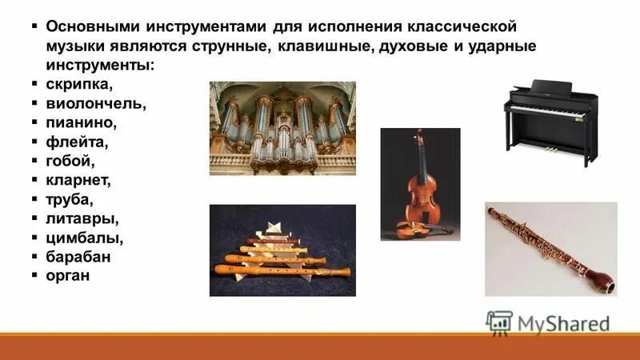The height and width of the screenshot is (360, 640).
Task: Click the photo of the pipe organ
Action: (282, 127)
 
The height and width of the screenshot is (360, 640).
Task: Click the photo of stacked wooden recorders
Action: (282, 250)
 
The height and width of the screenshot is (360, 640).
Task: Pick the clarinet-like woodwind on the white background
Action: (551, 249)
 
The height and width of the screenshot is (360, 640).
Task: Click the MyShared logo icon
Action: (498, 322)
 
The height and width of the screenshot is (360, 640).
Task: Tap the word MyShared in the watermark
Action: (563, 322)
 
